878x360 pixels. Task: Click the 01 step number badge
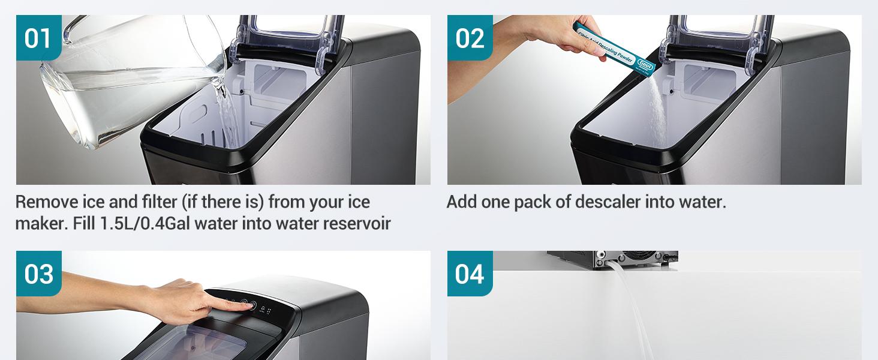coord(38,38)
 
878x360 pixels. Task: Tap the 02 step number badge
coord(470,38)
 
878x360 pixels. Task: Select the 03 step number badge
coord(38,274)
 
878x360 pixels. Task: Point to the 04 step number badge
coord(470,274)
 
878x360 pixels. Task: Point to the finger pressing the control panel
coord(237,304)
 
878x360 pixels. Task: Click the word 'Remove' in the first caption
coord(40,202)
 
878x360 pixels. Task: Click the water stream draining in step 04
coord(630,312)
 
